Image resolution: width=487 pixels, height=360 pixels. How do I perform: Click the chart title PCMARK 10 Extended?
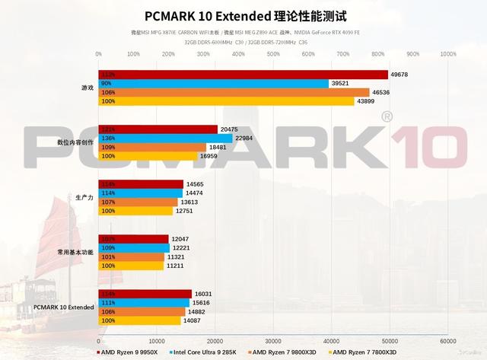243,16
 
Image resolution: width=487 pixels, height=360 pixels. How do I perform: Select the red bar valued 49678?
243,74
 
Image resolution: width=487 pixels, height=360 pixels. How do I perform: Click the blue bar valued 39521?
214,83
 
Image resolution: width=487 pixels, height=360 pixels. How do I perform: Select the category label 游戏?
88,88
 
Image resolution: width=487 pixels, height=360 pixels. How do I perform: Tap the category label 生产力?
84,197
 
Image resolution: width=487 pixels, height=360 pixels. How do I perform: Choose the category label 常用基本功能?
76,252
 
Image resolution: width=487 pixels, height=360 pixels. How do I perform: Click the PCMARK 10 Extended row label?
65,307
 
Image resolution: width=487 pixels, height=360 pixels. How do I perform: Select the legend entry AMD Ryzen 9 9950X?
129,352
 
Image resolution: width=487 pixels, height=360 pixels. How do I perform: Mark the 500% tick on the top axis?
273,54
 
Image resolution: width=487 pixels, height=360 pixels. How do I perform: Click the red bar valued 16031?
145,293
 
